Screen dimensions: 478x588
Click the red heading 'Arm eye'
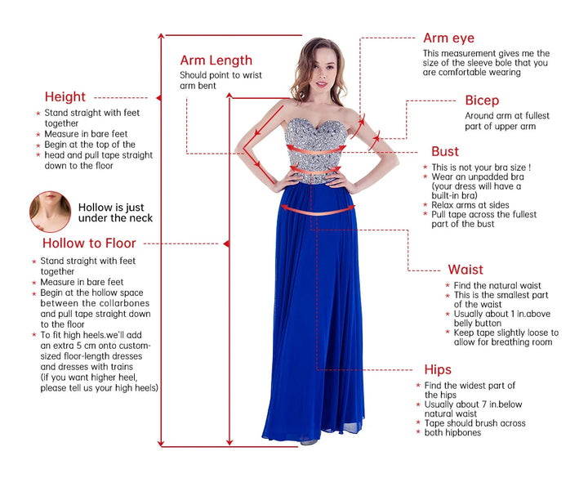click(448, 38)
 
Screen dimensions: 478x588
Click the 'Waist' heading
click(465, 269)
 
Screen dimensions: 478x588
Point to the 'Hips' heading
click(438, 370)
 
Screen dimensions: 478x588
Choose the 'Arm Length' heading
click(216, 60)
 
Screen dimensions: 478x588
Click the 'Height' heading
click(65, 97)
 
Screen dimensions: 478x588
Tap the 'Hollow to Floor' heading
click(89, 243)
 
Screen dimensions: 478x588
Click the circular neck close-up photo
click(49, 211)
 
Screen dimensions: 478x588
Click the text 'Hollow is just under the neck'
click(115, 213)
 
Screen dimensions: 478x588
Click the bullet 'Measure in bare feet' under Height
click(85, 134)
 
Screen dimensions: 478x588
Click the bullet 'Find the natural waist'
click(497, 286)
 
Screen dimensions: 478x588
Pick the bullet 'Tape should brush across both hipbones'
click(474, 427)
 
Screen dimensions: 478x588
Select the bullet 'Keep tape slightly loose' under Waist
click(505, 337)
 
